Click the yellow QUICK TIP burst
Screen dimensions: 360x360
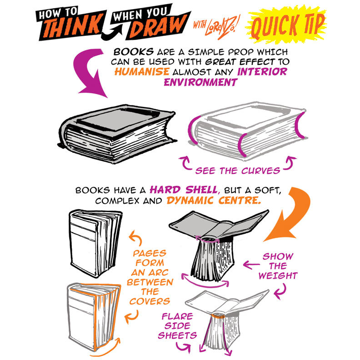coord(287,25)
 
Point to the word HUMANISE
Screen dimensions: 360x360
coord(142,72)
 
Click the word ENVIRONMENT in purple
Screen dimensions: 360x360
coord(200,82)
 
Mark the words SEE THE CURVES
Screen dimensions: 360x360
coord(238,171)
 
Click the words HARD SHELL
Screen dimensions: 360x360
coord(183,190)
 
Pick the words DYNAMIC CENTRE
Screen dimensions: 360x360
coord(214,200)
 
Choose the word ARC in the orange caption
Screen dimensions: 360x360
coord(159,273)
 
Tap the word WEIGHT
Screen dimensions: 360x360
coord(278,275)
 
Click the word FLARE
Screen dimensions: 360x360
coord(177,316)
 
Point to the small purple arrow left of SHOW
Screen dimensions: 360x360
coord(251,265)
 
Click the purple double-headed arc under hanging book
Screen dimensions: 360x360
coord(205,285)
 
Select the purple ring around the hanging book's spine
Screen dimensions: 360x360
coord(208,240)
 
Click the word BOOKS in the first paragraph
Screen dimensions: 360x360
coord(134,52)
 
